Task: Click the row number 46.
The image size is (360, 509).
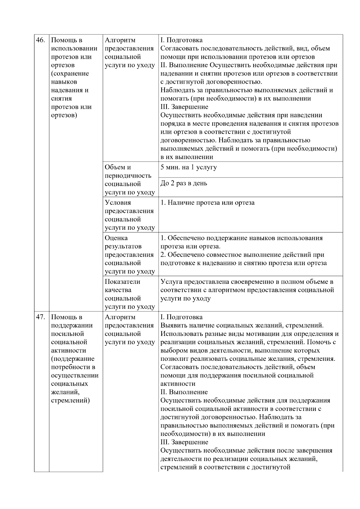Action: pyautogui.click(x=40, y=40)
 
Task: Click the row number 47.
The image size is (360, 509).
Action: pyautogui.click(x=40, y=317)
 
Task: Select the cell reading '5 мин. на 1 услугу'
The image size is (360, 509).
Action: pyautogui.click(x=188, y=167)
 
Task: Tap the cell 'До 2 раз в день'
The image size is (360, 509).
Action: pyautogui.click(x=184, y=183)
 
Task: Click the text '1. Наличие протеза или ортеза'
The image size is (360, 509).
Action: pyautogui.click(x=207, y=203)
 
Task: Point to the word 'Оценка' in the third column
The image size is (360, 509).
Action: pyautogui.click(x=116, y=238)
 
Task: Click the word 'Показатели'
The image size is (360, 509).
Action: pyautogui.click(x=122, y=282)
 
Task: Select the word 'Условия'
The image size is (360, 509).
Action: pyautogui.click(x=118, y=203)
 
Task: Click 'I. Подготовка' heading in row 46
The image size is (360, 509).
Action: pyautogui.click(x=181, y=40)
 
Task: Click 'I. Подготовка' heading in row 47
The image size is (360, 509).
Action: pyautogui.click(x=181, y=317)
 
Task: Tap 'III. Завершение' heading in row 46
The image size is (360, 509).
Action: pyautogui.click(x=184, y=107)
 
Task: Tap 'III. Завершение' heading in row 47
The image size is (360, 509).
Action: pyautogui.click(x=184, y=442)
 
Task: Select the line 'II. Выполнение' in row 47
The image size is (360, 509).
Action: pyautogui.click(x=184, y=392)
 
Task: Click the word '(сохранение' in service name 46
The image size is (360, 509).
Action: pyautogui.click(x=70, y=73)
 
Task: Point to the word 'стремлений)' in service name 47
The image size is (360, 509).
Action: pyautogui.click(x=70, y=400)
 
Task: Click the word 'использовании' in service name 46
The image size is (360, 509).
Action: pyautogui.click(x=74, y=49)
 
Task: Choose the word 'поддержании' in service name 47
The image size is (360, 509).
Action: pyautogui.click(x=72, y=325)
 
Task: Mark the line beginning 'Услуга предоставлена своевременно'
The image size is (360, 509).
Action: pyautogui.click(x=247, y=282)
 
